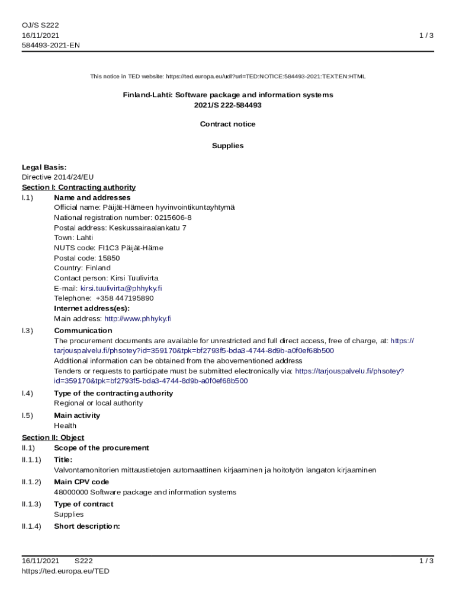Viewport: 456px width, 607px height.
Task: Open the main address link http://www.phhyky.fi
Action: pyautogui.click(x=138, y=318)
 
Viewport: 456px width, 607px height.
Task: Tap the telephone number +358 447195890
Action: pyautogui.click(x=124, y=298)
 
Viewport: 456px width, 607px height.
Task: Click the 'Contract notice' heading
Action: pyautogui.click(x=228, y=124)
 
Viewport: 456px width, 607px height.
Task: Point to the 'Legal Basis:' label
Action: pyautogui.click(x=44, y=167)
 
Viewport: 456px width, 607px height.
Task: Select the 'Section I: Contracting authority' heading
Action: pyautogui.click(x=79, y=187)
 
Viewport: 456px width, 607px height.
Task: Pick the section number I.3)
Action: pyautogui.click(x=27, y=331)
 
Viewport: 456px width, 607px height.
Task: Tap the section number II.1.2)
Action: pyautogui.click(x=31, y=482)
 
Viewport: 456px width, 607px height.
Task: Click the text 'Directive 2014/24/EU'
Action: pyautogui.click(x=57, y=177)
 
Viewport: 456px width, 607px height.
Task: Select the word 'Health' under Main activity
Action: pyautogui.click(x=65, y=426)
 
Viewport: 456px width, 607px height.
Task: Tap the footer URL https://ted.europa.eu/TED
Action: pyautogui.click(x=66, y=571)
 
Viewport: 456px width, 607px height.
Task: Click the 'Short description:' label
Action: pyautogui.click(x=87, y=526)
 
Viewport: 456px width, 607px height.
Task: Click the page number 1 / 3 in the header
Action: pyautogui.click(x=426, y=36)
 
